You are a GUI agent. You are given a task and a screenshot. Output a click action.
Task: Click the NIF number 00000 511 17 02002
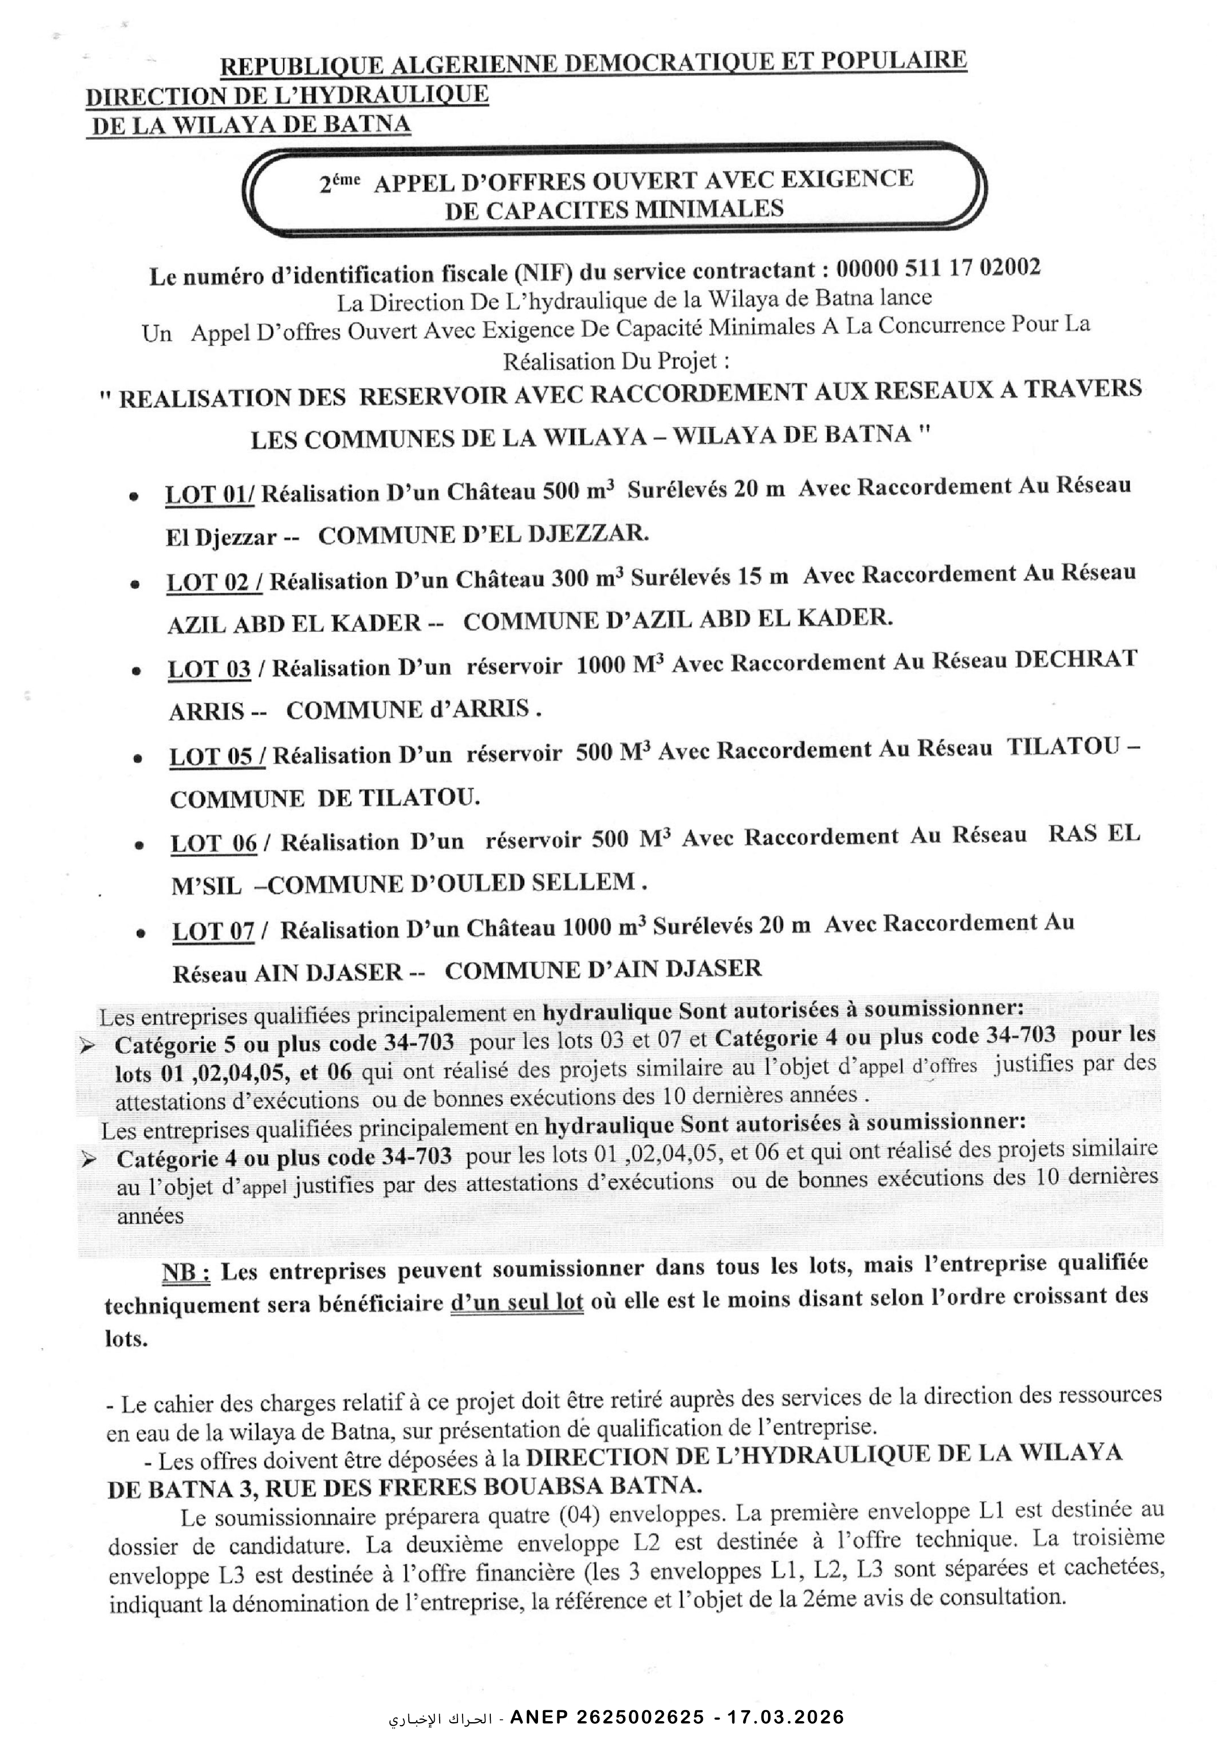point(938,269)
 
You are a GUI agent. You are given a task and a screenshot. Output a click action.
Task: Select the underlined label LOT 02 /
point(215,582)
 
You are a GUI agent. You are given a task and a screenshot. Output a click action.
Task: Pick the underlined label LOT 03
point(210,669)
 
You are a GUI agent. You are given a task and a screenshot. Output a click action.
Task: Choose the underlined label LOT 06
point(214,844)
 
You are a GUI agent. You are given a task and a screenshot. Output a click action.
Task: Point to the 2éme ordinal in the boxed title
point(339,184)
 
